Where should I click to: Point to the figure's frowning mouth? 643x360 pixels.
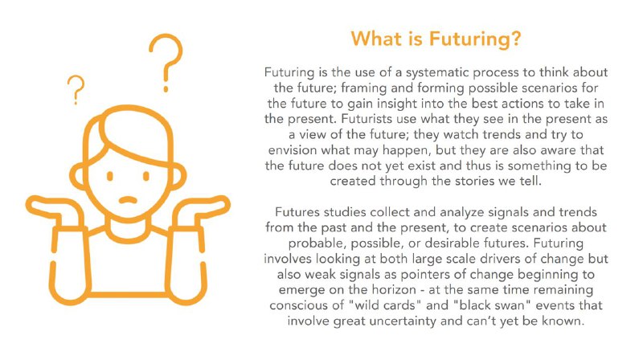click(128, 200)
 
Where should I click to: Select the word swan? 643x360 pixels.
click(509, 305)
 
